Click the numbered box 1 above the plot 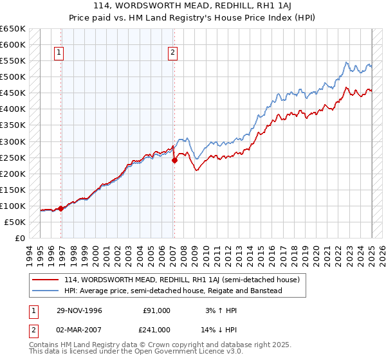59,53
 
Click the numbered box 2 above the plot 173,53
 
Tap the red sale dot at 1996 61,208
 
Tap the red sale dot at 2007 174,161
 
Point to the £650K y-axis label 12,29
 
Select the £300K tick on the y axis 12,141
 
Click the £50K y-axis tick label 15,222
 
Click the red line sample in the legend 46,280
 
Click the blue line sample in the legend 46,291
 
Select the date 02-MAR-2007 78,329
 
